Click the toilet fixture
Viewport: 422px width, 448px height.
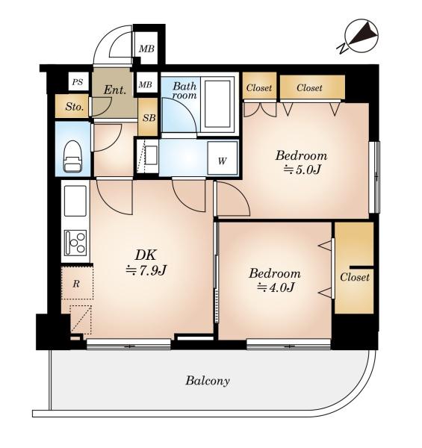point(72,156)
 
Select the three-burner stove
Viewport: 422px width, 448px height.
point(75,243)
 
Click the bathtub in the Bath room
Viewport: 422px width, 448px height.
point(217,104)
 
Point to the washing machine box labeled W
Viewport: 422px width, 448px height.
point(223,158)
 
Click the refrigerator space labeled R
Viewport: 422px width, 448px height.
point(77,283)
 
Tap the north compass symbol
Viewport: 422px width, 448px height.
point(360,36)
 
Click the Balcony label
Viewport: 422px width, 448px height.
point(208,381)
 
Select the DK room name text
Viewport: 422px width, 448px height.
point(146,255)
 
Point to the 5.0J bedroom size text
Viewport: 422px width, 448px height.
point(302,169)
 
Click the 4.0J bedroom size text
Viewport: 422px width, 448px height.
point(276,287)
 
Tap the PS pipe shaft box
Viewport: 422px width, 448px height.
point(78,82)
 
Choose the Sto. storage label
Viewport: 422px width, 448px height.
point(74,107)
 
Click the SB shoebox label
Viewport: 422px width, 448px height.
point(149,118)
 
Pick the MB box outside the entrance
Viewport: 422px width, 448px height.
point(146,49)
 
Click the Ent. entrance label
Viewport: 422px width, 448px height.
point(114,90)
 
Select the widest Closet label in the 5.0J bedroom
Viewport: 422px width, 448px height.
point(309,87)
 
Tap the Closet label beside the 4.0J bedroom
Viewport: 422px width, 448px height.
point(355,277)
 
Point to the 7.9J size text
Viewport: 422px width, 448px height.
point(146,270)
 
